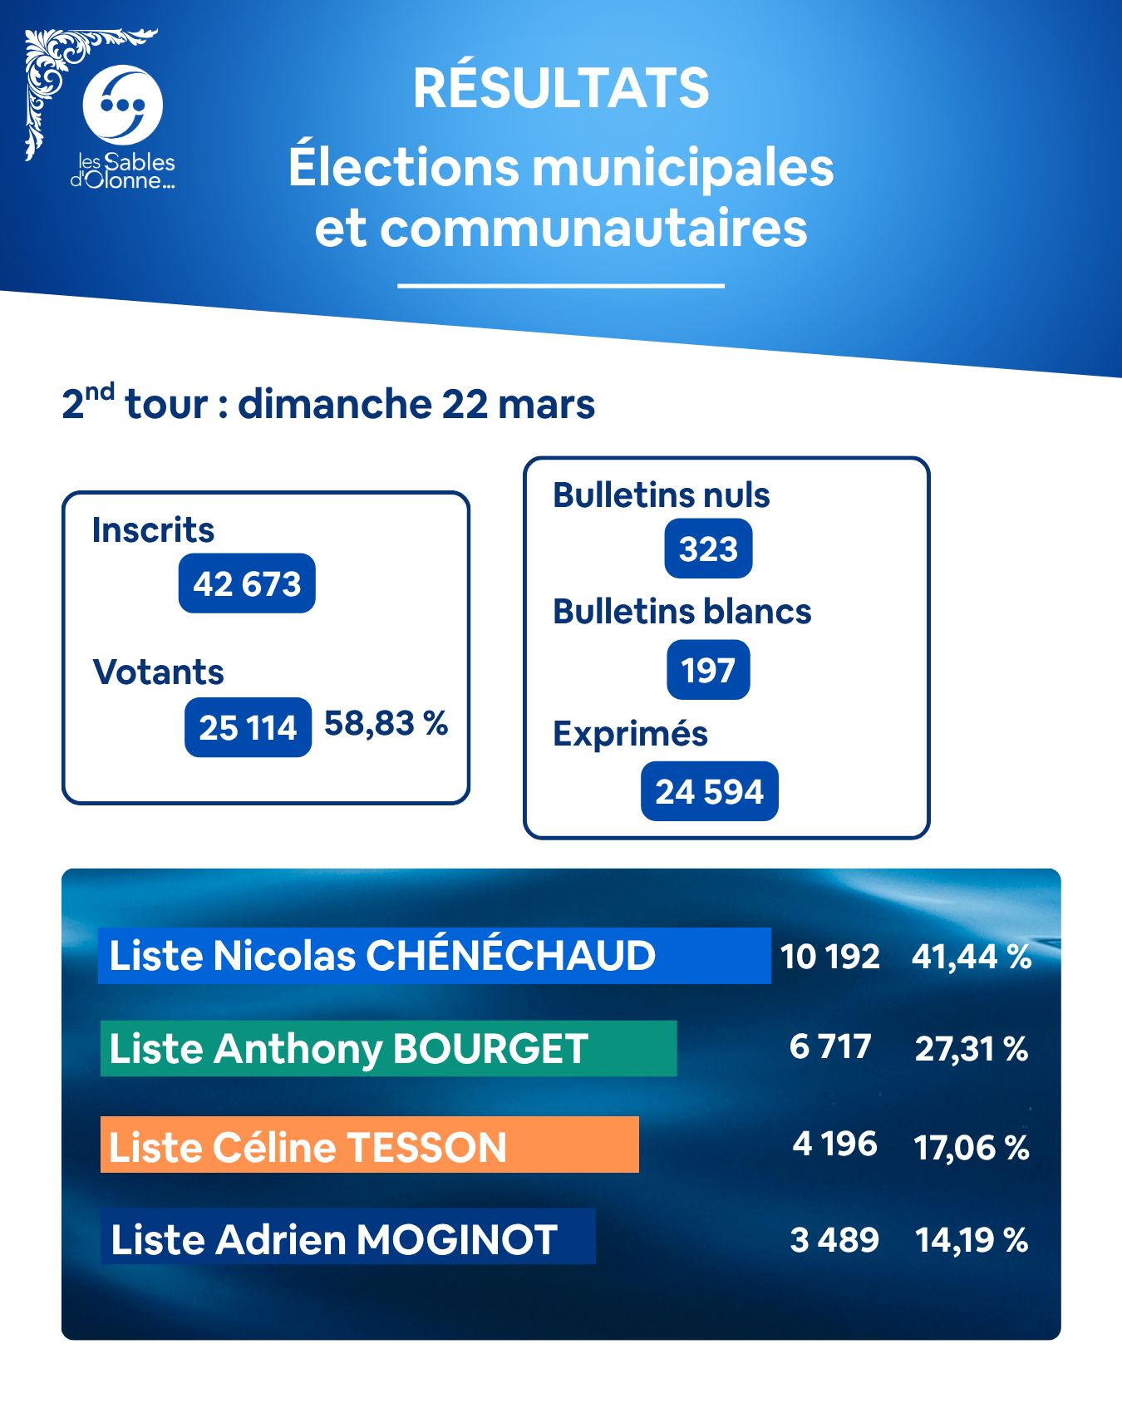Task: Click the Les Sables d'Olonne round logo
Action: pos(122,105)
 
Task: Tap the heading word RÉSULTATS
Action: pos(561,88)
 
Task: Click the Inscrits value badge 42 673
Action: pos(247,583)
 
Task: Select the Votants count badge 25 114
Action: pos(248,727)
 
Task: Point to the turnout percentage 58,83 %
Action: pos(386,724)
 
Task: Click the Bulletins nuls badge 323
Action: pos(708,549)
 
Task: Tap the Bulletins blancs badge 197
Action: pos(708,670)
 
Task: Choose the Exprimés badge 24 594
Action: pos(709,791)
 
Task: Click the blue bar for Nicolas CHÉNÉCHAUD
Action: pos(434,956)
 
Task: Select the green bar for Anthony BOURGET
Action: pos(388,1048)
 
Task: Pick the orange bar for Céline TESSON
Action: pos(369,1145)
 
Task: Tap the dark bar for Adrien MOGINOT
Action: pos(347,1237)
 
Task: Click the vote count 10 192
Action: pos(829,957)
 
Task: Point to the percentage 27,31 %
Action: pos(972,1049)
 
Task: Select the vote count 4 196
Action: pos(834,1145)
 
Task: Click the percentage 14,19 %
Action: pos(972,1240)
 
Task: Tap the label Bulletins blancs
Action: pos(682,612)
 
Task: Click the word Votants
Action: pos(158,672)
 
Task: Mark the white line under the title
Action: pos(561,285)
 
